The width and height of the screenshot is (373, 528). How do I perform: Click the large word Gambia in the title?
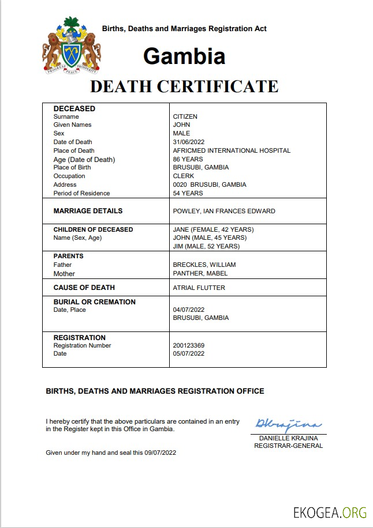click(x=184, y=56)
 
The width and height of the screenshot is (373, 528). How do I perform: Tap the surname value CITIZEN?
click(x=185, y=116)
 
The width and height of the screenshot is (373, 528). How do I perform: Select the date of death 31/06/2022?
click(x=189, y=142)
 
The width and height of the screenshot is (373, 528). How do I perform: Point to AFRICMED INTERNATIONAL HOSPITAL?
click(x=232, y=150)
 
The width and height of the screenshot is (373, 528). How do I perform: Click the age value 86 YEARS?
click(x=188, y=159)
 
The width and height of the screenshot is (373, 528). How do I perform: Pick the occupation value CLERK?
click(x=184, y=176)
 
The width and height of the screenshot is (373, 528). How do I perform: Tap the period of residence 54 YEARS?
click(x=188, y=193)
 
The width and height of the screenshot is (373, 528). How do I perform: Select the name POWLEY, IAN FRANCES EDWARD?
click(x=224, y=211)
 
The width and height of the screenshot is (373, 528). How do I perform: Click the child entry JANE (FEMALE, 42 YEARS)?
click(x=213, y=229)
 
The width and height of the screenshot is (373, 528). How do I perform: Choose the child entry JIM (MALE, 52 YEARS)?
click(x=206, y=246)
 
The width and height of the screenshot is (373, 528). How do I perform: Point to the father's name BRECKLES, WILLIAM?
click(x=204, y=265)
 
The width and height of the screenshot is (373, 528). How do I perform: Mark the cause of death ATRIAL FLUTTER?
click(x=199, y=288)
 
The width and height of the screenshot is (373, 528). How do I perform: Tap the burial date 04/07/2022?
click(x=189, y=310)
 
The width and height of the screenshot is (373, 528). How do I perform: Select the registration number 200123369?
click(x=189, y=346)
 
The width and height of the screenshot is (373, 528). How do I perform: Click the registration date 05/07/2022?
click(x=189, y=353)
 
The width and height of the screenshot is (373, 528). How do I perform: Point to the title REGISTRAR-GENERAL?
click(x=288, y=446)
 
